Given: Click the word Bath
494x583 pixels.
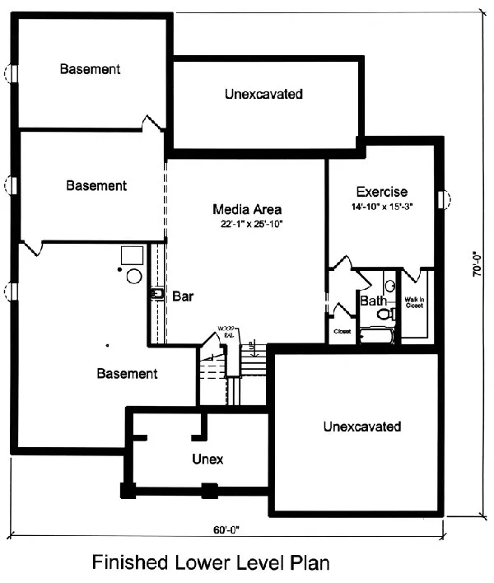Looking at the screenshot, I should [373, 301].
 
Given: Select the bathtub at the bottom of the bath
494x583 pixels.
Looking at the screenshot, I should [378, 336].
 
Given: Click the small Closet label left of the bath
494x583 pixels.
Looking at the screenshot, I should [341, 332].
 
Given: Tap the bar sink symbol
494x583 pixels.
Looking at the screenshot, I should [156, 292].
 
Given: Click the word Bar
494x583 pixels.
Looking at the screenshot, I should [183, 296].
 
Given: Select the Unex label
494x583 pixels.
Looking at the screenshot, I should [208, 458].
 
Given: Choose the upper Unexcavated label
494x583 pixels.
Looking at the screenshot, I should [263, 95].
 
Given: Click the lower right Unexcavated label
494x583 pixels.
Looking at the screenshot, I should [362, 427].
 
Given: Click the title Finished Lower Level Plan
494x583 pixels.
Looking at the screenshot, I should [211, 563].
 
